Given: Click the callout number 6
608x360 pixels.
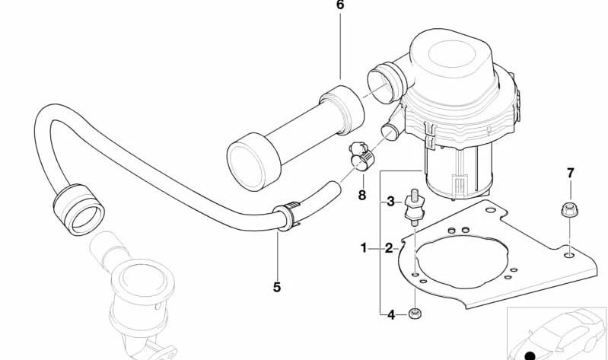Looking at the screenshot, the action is coord(340,5).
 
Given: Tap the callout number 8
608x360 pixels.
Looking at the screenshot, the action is coord(362,195).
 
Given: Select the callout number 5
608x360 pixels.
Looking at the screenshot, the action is coord(276,288).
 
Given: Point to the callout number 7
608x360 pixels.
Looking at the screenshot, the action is coord(571,173).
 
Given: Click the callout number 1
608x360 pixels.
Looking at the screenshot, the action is coord(363,247).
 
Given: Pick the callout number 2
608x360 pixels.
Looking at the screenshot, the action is coord(389,248).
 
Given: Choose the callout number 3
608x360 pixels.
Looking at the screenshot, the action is coord(391,202).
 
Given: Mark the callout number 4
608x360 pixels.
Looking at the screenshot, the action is coord(391,315).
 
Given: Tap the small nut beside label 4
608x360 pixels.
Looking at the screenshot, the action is coord(415,313).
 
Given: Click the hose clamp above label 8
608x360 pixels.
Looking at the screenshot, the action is coord(361,157).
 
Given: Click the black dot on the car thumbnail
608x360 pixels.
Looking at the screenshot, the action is coord(530,355).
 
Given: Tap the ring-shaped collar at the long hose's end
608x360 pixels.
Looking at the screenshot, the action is coord(79,209).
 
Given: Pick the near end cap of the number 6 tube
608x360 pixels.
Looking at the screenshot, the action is coord(253,162).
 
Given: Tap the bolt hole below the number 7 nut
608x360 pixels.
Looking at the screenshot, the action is coord(568,255).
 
